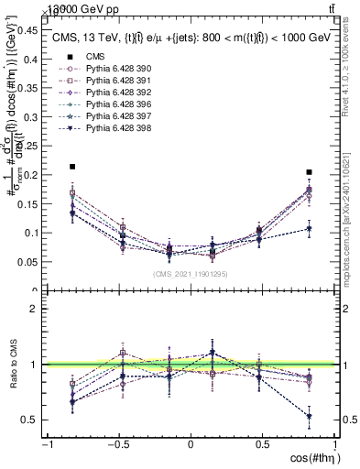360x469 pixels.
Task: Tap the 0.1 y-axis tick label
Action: (x=30, y=233)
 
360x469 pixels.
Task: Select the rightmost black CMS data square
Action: (x=310, y=171)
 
